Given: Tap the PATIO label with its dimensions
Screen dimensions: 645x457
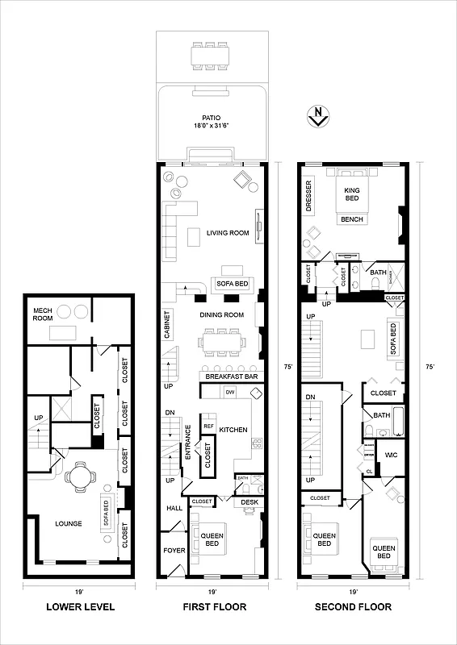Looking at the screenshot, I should (x=212, y=122).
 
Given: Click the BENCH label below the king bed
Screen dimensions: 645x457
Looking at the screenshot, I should (x=352, y=219).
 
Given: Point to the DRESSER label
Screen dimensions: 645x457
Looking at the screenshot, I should (x=309, y=196).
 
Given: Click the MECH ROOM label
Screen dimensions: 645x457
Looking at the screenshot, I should (x=43, y=314).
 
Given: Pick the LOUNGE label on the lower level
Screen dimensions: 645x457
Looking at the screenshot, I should (x=69, y=523).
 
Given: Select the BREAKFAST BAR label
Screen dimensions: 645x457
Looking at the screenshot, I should (x=231, y=377).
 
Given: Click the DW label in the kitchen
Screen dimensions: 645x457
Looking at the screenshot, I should (x=229, y=392).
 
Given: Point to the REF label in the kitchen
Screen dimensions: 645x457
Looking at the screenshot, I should (x=208, y=426).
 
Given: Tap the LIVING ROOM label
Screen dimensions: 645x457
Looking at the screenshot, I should (x=227, y=234).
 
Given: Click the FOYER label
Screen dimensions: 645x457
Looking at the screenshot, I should (x=174, y=551).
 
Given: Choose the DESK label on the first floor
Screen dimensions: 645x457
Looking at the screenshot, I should (x=249, y=502).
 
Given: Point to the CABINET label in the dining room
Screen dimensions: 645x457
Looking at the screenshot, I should (x=167, y=325).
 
